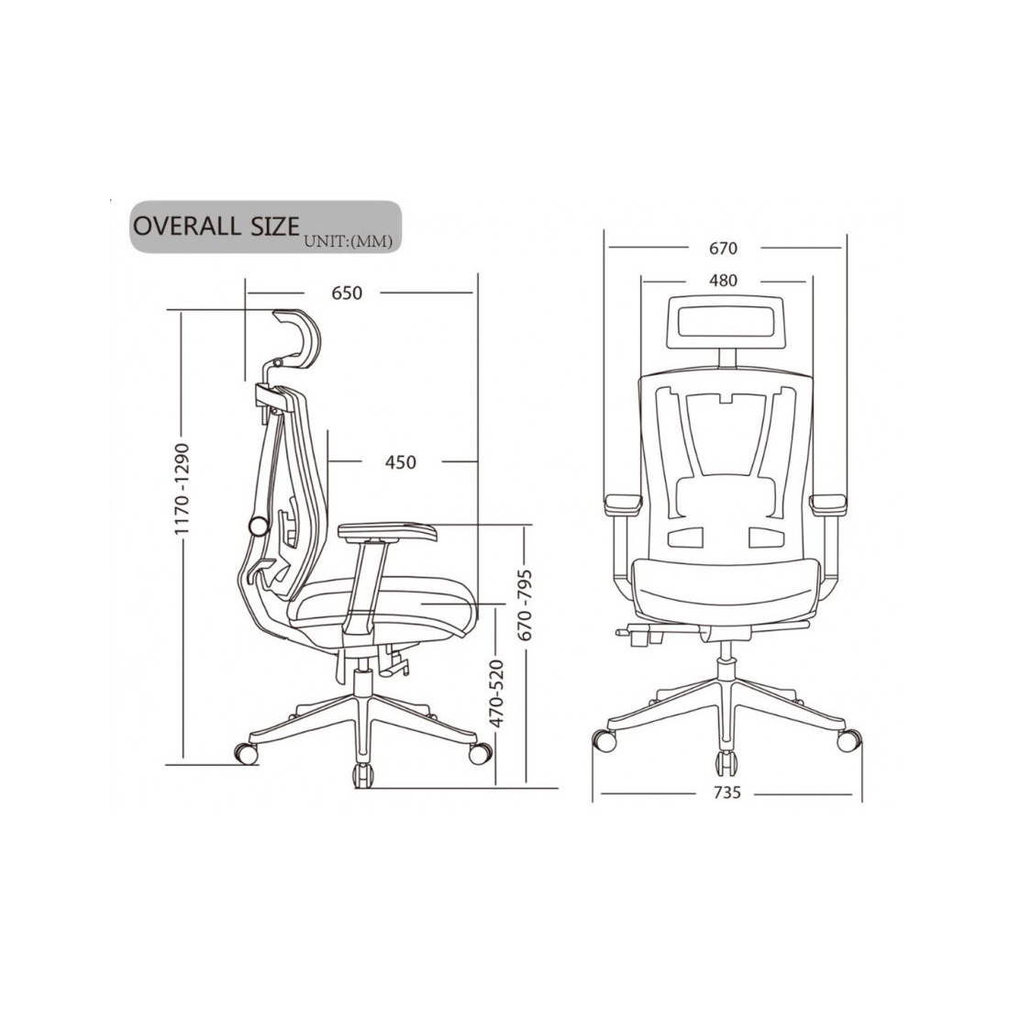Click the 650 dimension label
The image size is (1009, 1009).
coord(347,293)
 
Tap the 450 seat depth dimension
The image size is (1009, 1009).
coord(400,462)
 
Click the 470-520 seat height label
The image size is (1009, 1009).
coord(496,694)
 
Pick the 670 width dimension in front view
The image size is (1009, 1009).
coord(723,249)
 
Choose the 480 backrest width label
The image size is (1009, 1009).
coord(723,281)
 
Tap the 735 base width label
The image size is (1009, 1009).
coord(727,793)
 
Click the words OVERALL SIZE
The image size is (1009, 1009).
coord(216,227)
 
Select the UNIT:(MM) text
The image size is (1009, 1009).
coord(349,242)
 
